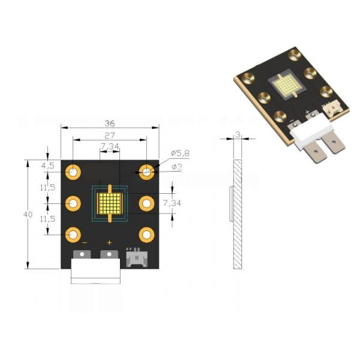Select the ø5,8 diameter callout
coord(179,154)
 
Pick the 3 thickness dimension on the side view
coord(238,136)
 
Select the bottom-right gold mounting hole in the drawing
coord(146,234)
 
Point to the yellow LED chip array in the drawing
coord(110,203)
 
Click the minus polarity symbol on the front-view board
coord(84,242)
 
